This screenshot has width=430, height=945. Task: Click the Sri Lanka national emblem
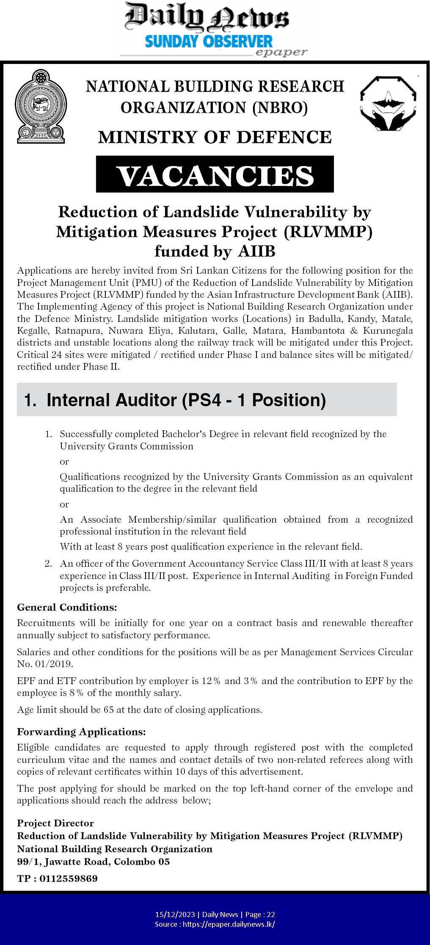click(41, 108)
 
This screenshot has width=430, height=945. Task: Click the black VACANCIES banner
click(215, 175)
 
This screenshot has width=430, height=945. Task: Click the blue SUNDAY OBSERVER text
click(209, 42)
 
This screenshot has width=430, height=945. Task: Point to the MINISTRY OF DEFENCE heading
click(215, 137)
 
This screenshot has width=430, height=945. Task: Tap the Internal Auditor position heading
click(175, 400)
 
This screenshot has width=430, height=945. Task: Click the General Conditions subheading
click(67, 607)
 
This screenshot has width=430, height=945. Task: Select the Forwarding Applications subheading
click(81, 732)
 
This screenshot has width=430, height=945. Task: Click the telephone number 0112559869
click(69, 878)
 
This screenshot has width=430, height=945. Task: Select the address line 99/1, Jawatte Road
click(93, 861)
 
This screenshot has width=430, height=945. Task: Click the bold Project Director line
click(55, 823)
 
